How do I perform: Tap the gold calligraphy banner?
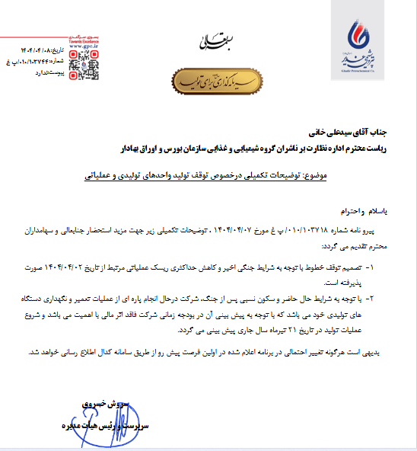[x=211, y=80]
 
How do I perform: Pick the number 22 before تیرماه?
[x=224, y=331]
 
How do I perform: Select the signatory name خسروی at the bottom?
[x=96, y=401]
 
